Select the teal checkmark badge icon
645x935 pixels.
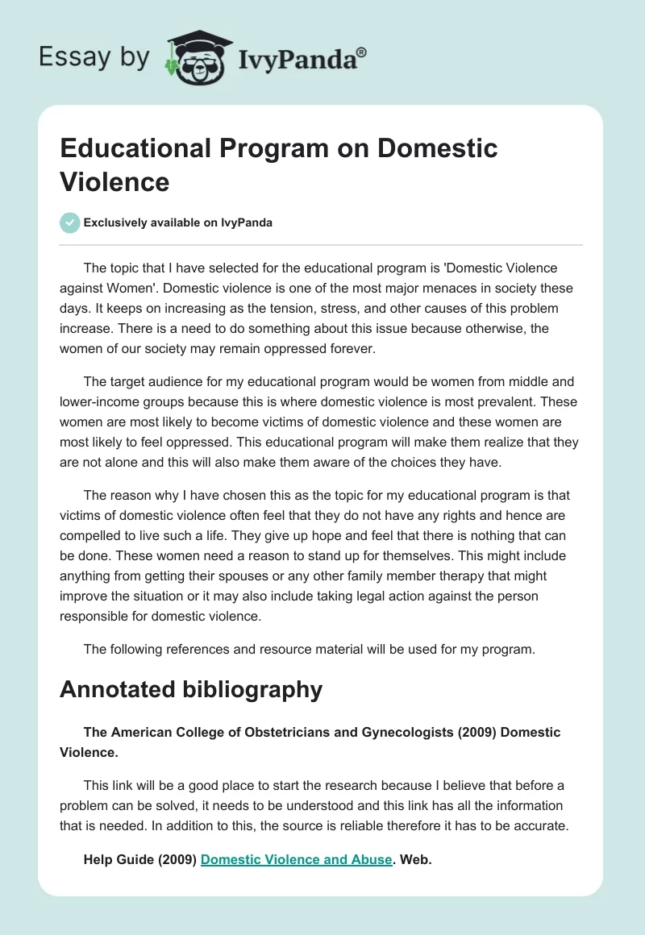[69, 222]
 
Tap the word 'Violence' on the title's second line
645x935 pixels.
[114, 182]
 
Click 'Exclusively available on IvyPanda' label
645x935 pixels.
[178, 222]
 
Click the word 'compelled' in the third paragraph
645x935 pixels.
[89, 535]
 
